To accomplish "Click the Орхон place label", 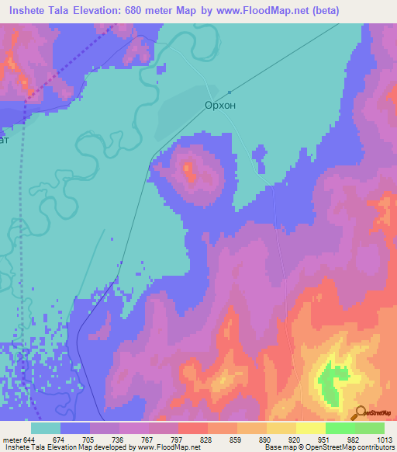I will [221, 104].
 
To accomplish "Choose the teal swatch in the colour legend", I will [46, 428].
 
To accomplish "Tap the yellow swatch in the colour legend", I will [310, 428].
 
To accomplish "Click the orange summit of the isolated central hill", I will [188, 169].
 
